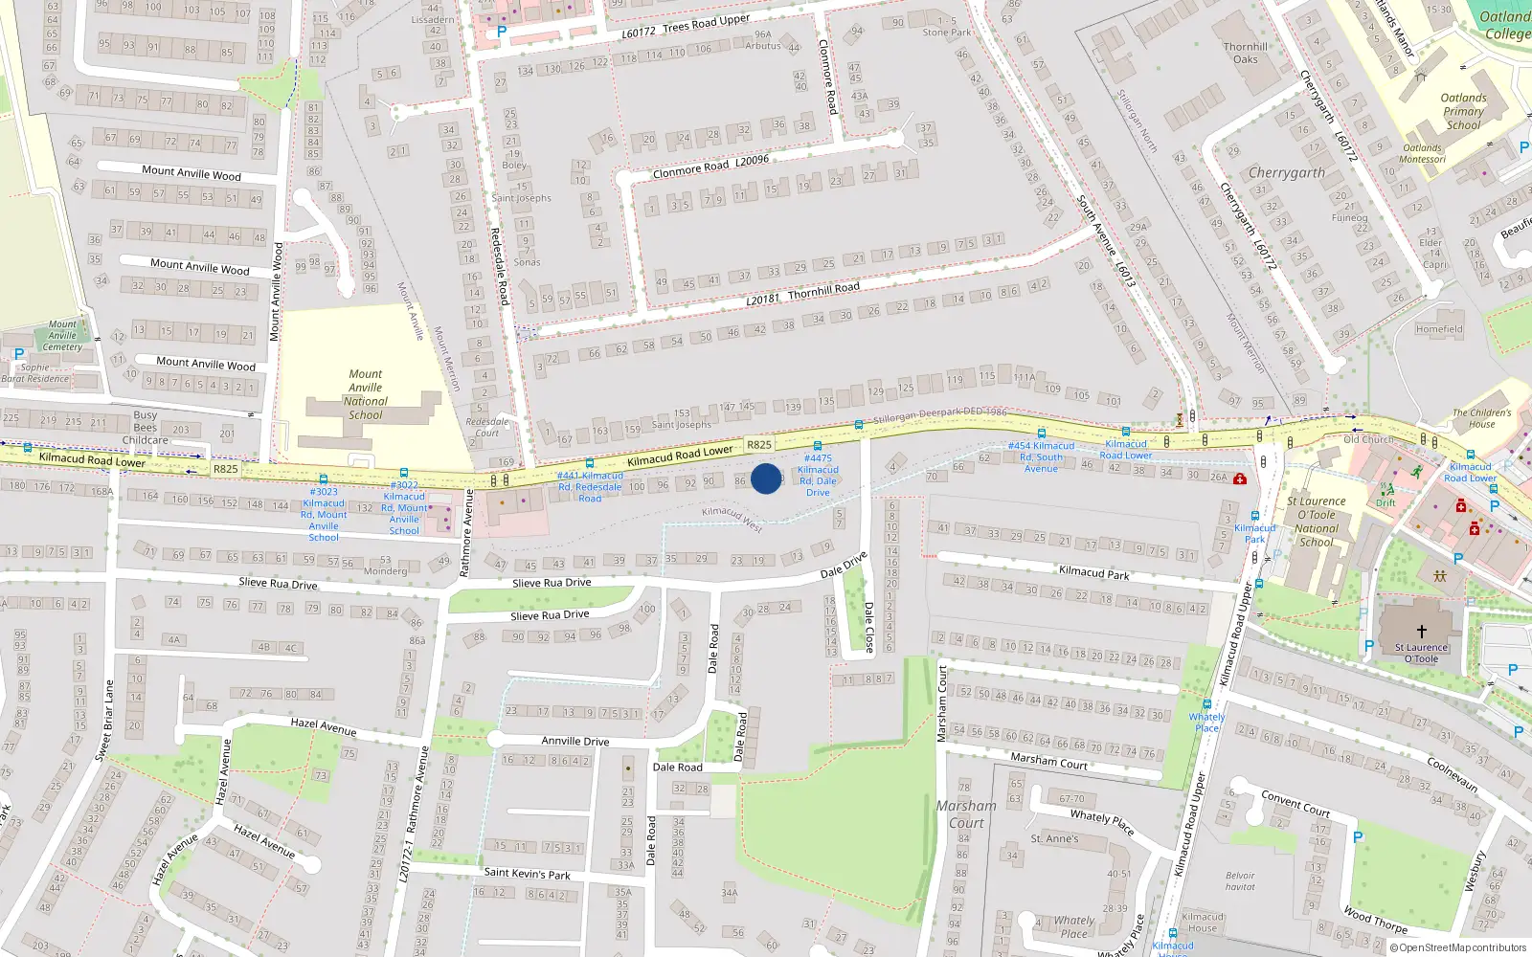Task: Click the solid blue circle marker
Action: (x=766, y=478)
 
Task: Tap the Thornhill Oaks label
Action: (x=1245, y=53)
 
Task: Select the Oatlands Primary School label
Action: (x=1463, y=111)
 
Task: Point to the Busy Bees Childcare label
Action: (x=146, y=428)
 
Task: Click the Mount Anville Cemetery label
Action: (x=62, y=335)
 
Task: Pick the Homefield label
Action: (x=1439, y=329)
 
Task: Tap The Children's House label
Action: (x=1481, y=418)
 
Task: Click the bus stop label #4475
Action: (x=818, y=475)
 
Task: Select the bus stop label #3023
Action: (x=324, y=514)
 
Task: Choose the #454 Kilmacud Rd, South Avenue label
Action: (x=1041, y=456)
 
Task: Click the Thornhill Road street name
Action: (x=823, y=289)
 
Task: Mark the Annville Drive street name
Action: (x=574, y=741)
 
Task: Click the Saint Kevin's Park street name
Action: (x=527, y=873)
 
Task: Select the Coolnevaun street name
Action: (x=1452, y=774)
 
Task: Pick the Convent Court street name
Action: (x=1295, y=802)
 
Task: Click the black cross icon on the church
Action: (x=1421, y=632)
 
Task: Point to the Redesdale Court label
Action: (x=487, y=427)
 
